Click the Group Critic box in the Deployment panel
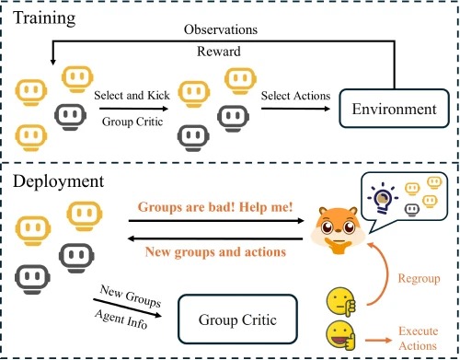pos(237,321)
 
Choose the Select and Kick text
pos(131,96)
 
